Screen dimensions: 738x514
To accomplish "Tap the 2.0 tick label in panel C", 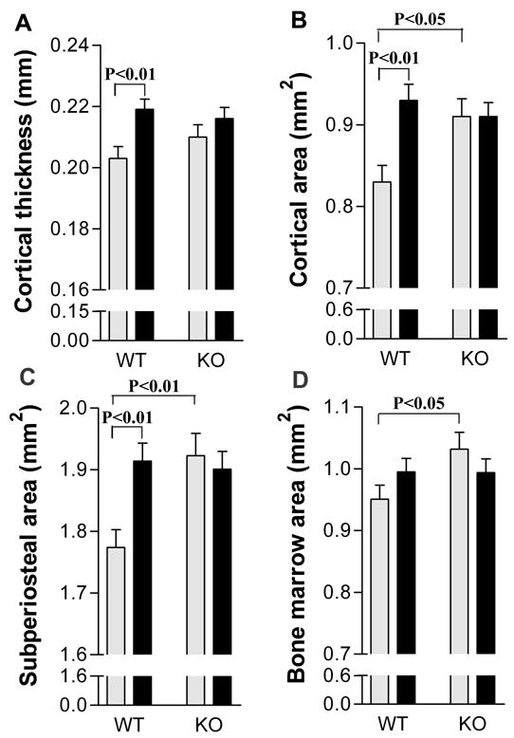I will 79,408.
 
